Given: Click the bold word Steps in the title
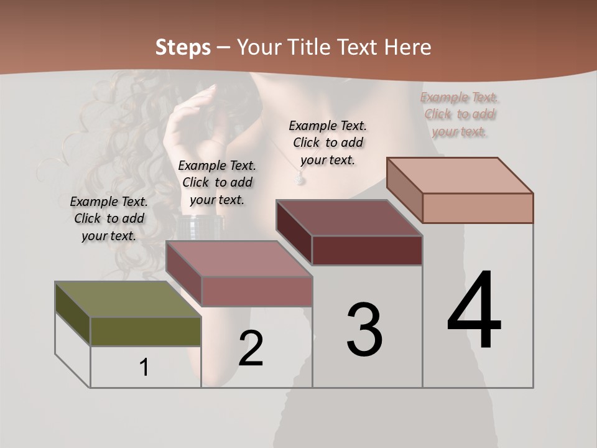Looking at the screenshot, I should (x=183, y=47).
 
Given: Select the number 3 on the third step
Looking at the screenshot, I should (x=364, y=330).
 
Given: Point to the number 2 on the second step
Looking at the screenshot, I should (x=251, y=348).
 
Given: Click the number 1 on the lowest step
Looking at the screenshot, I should (x=144, y=368).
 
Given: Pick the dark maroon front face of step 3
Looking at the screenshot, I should (x=367, y=251).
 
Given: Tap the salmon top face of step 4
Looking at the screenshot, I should (x=460, y=175).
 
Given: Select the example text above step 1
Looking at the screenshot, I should (x=109, y=218).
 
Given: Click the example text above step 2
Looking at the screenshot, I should (x=217, y=182).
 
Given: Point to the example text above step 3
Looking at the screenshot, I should (x=328, y=142).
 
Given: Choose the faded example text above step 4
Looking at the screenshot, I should (x=460, y=114).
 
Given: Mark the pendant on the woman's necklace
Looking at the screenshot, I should (x=300, y=180).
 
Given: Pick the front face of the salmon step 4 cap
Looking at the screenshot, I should (x=478, y=208).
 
